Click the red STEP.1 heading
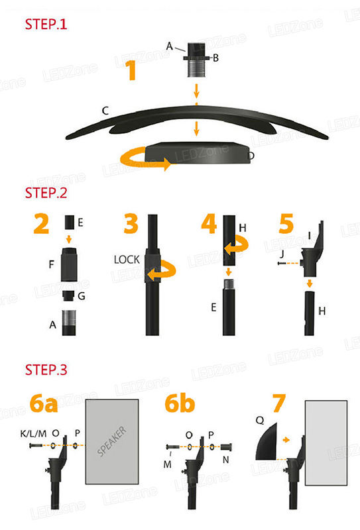coord(46,24)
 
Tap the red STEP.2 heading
coord(46,193)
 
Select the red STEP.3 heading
coord(46,370)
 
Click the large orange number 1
coord(131,70)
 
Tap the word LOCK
coord(127,260)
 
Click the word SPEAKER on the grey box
coord(112,441)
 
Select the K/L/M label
coord(33,433)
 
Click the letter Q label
coord(259,420)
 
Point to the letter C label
coord(105,111)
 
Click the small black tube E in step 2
coord(70,223)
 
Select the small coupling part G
coord(69,295)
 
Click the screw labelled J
coord(283,263)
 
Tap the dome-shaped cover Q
coord(267,441)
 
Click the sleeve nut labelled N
coord(226,447)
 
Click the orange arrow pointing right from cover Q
coord(286,440)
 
